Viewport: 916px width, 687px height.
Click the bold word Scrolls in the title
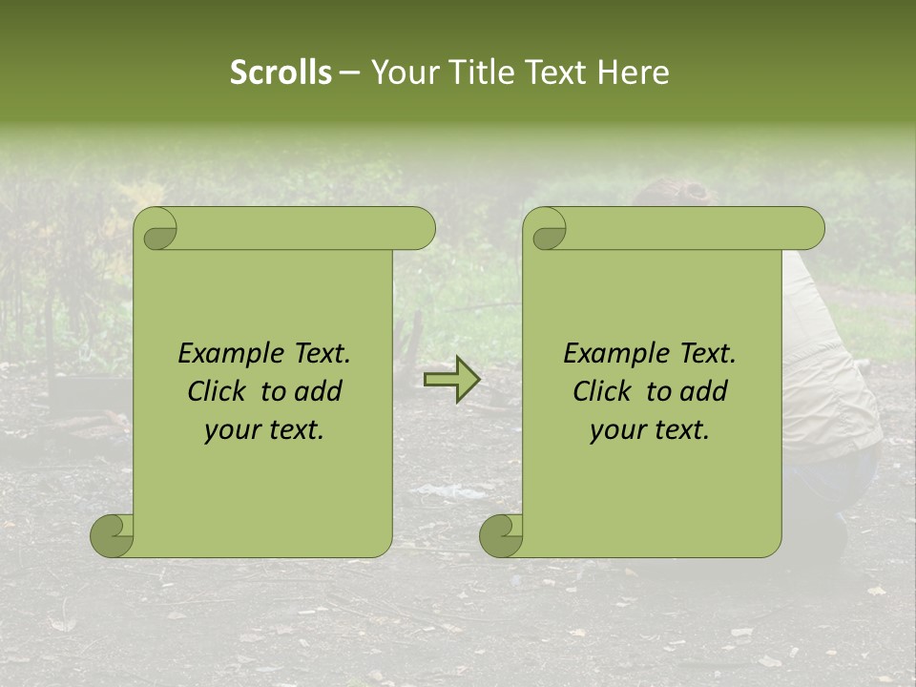point(281,73)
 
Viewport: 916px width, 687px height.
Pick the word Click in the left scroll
point(216,391)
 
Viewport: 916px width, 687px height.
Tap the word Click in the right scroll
point(601,391)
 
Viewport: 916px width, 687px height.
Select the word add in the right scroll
point(704,391)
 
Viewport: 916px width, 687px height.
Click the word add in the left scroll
point(319,391)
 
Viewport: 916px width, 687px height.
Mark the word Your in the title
point(402,73)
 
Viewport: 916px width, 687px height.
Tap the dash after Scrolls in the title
point(350,73)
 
